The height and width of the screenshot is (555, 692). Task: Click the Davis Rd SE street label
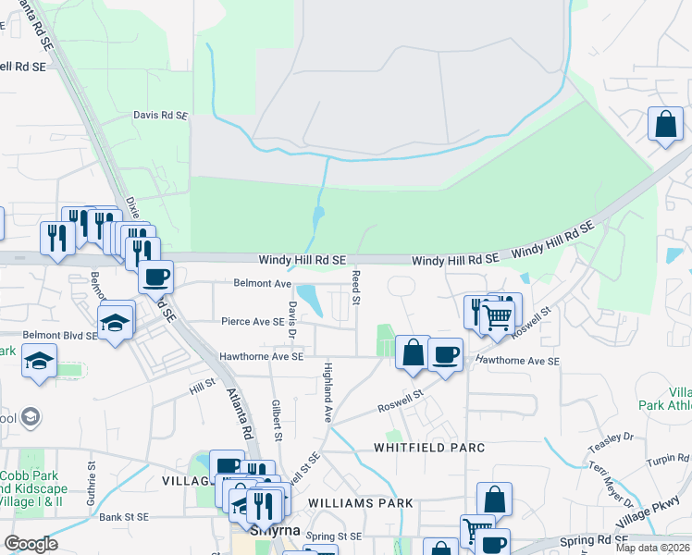click(x=160, y=117)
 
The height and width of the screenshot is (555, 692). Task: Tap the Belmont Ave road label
click(x=263, y=283)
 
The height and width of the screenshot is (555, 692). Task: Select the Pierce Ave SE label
click(x=253, y=321)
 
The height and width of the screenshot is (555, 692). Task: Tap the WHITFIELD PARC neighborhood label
click(x=429, y=448)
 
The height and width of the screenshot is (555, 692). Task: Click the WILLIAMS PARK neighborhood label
click(x=356, y=503)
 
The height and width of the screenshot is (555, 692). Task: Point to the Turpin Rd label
click(x=669, y=459)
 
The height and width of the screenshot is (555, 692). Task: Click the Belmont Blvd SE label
click(x=60, y=335)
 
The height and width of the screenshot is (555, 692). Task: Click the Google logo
click(x=31, y=544)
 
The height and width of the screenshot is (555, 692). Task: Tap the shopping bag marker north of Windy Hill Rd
click(x=665, y=124)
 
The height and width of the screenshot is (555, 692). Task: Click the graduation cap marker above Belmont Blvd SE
click(x=117, y=322)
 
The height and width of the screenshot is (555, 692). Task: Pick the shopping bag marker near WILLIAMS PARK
click(x=495, y=499)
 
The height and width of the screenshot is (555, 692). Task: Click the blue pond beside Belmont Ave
click(x=311, y=300)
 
